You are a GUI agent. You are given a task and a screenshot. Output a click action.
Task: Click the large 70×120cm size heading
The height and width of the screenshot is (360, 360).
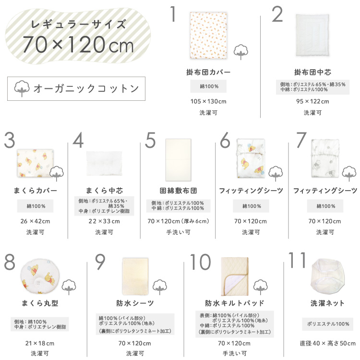point(78,44)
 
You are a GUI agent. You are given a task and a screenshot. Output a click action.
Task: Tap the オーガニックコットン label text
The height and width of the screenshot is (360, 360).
point(86,89)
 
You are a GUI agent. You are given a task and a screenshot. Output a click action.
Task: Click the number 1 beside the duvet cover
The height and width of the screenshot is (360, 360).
point(173,14)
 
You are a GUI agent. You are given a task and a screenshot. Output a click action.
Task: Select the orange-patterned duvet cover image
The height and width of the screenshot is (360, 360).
point(208,36)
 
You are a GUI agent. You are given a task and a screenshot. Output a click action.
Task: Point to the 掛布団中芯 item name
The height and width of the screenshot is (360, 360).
point(312,72)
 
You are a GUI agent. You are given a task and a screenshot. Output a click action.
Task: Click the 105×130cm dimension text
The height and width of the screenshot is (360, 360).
point(208,101)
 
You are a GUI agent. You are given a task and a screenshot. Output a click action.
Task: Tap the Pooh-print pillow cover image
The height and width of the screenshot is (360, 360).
point(35,163)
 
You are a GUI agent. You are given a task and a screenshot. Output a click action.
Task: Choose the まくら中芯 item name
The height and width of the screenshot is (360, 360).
point(104,191)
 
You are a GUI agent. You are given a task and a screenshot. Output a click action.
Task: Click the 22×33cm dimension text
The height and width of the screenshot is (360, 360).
point(104,221)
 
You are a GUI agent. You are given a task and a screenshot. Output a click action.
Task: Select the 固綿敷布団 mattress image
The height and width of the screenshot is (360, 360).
point(179,160)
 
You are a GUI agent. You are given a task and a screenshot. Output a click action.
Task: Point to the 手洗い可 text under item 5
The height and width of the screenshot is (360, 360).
point(179,232)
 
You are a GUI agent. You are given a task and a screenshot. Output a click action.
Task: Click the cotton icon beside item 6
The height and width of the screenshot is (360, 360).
point(276,174)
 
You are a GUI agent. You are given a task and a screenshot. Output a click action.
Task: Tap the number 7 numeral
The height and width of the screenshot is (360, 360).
point(301,140)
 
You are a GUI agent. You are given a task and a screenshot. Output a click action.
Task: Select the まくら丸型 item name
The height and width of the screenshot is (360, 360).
point(40,303)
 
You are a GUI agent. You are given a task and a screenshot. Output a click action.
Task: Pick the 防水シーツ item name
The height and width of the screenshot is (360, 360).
point(135,303)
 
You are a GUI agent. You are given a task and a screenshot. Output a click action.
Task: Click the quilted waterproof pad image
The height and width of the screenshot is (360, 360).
point(235,276)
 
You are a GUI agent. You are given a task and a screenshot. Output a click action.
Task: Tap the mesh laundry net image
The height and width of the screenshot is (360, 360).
point(327,276)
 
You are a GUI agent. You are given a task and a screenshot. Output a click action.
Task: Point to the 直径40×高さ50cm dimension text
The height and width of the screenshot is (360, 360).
point(327,343)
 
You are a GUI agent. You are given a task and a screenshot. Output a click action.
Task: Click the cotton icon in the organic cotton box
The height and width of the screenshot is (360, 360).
point(22,88)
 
